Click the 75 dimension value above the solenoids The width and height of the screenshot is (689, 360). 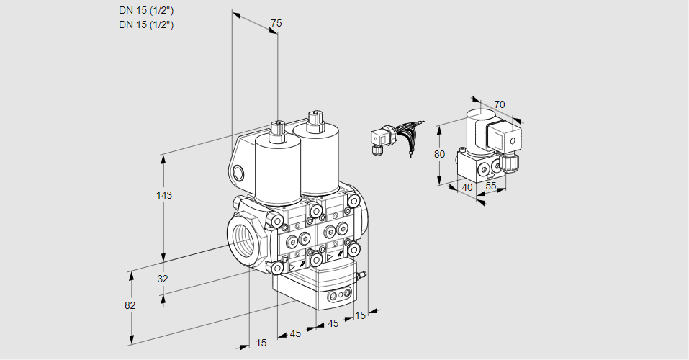(276, 24)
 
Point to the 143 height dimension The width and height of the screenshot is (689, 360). (166, 195)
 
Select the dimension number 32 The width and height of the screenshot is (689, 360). (162, 279)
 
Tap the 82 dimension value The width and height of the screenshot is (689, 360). (130, 305)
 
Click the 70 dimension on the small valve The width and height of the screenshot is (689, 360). (500, 104)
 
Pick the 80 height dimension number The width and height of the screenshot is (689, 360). (440, 154)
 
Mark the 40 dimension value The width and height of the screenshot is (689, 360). (467, 187)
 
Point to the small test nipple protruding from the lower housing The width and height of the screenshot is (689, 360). (363, 274)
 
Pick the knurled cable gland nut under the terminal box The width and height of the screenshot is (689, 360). (512, 163)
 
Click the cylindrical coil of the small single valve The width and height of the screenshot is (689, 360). (474, 130)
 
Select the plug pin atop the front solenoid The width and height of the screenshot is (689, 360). (276, 130)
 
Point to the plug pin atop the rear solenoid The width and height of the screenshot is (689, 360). (313, 119)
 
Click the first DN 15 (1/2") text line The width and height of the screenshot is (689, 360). (146, 11)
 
